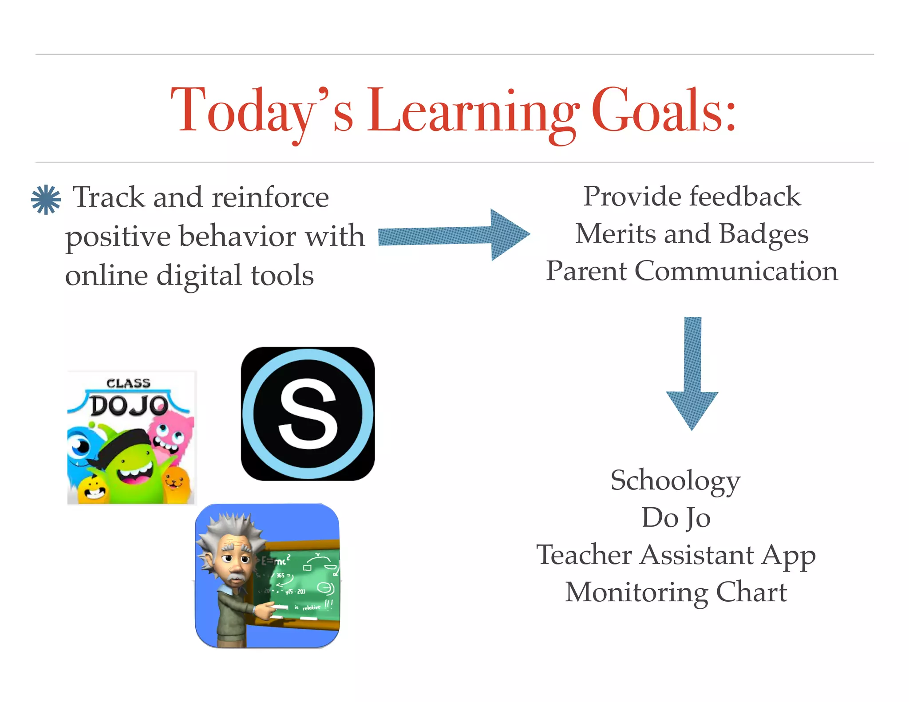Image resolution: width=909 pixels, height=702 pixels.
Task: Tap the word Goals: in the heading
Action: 664,111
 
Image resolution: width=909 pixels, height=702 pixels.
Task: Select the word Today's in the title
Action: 262,111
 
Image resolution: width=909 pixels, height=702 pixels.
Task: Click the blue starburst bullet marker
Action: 46,200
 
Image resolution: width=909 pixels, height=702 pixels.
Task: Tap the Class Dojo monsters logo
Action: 131,438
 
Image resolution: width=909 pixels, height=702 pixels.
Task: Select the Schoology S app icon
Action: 308,414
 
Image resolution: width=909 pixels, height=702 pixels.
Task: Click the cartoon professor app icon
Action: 267,576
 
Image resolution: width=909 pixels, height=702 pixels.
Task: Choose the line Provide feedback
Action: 692,196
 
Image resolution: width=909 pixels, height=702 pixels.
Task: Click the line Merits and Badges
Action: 692,234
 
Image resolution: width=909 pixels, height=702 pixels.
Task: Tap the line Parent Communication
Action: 692,271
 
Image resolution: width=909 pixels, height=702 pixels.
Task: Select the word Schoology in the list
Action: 676,481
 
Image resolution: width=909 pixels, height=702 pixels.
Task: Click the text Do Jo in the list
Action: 676,518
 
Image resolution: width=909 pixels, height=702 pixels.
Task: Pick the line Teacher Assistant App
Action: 676,555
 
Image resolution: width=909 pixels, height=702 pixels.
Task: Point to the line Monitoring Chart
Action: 676,592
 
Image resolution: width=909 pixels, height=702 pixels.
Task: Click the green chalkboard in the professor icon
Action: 302,581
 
